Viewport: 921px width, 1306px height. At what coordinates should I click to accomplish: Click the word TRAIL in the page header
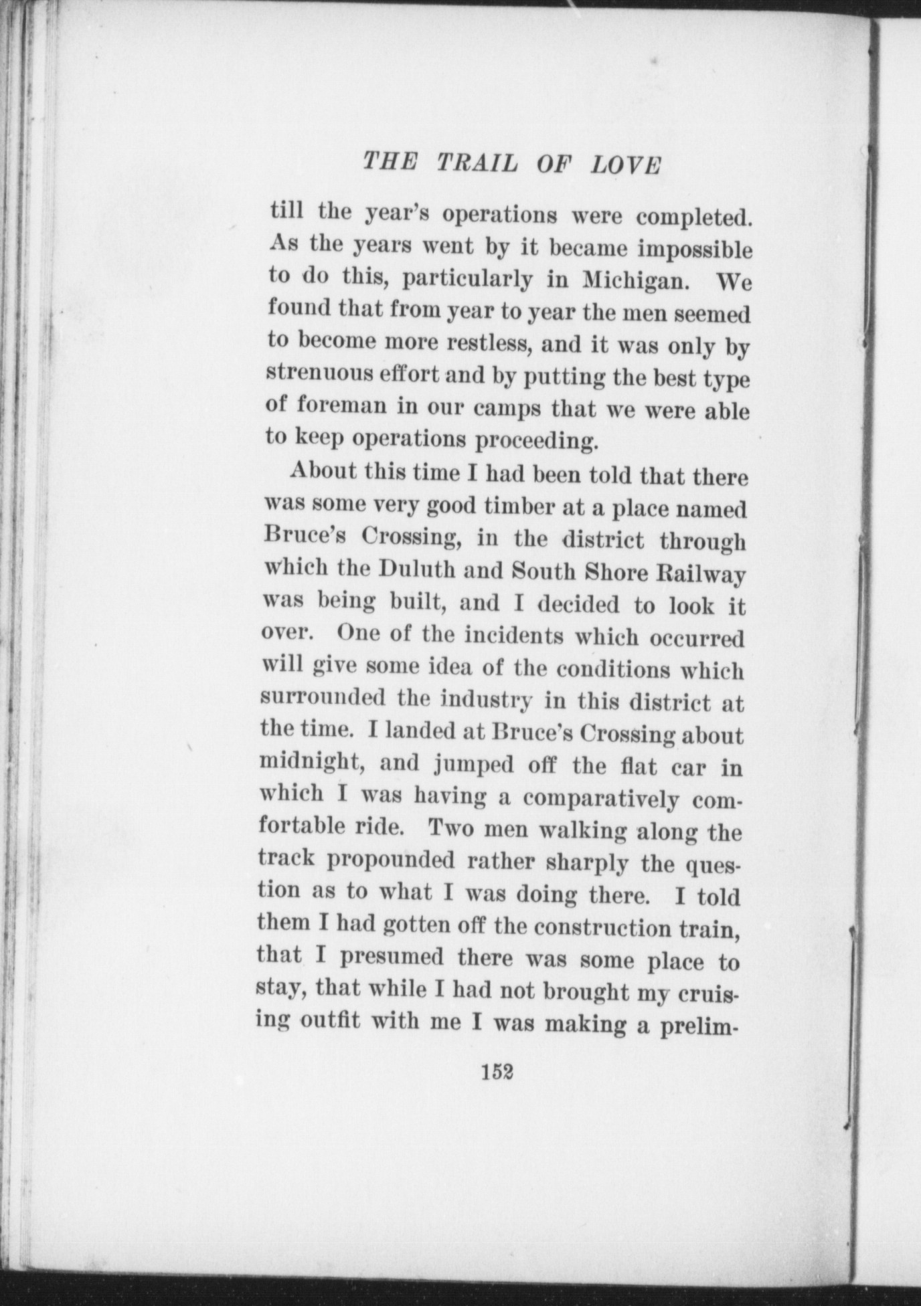[x=476, y=164]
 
